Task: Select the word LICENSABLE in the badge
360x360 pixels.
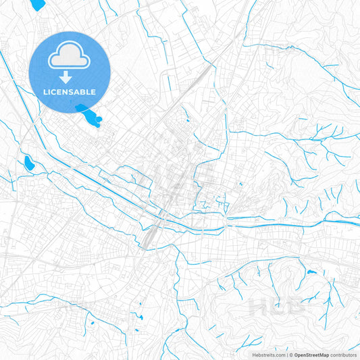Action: (70, 91)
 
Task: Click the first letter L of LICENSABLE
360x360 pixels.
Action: (45, 91)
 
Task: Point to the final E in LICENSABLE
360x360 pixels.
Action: (94, 91)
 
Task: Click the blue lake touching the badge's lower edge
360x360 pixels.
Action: (88, 115)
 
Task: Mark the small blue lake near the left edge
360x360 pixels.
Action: (28, 162)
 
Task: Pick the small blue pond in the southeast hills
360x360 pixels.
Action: (310, 272)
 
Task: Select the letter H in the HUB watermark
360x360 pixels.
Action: (257, 306)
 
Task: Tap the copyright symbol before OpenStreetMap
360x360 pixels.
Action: (290, 354)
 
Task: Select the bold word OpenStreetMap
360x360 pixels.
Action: (311, 354)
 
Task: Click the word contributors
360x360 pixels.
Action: (344, 354)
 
